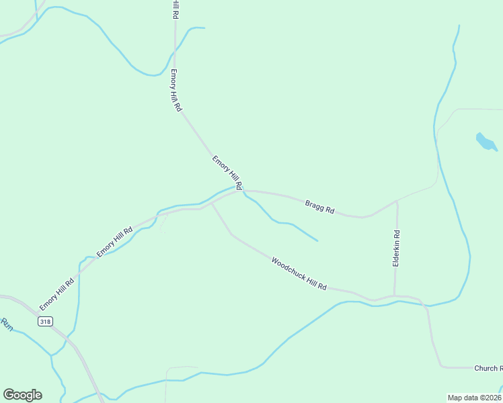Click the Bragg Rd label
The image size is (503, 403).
pos(319,207)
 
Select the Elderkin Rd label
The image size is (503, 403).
pos(397,249)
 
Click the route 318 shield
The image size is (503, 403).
pos(45,322)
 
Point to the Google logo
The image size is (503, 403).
pos(22,395)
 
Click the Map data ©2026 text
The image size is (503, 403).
pos(474,398)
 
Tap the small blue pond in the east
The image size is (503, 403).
pos(486,142)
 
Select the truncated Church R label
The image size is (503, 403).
pos(488,368)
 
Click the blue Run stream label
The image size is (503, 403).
pos(7,324)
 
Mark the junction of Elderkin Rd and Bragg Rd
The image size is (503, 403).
pos(397,201)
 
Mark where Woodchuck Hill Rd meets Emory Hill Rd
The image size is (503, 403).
pos(212,204)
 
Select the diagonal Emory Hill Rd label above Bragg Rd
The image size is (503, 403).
pos(227,173)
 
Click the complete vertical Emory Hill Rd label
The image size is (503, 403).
pos(176,91)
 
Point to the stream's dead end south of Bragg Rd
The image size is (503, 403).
pos(317,240)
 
